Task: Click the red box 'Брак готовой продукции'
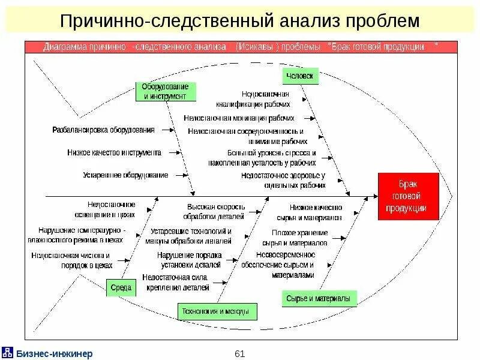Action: click(409, 196)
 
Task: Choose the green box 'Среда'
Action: click(120, 287)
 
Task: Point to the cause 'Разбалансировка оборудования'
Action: click(103, 130)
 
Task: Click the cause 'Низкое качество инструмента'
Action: click(114, 152)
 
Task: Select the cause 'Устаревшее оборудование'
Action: click(125, 175)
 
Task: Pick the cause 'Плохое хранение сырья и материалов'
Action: click(295, 238)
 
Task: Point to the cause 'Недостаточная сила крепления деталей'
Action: click(176, 282)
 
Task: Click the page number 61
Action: click(240, 353)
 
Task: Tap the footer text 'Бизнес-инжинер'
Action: click(54, 353)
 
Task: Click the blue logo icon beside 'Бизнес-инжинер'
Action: click(8, 352)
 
